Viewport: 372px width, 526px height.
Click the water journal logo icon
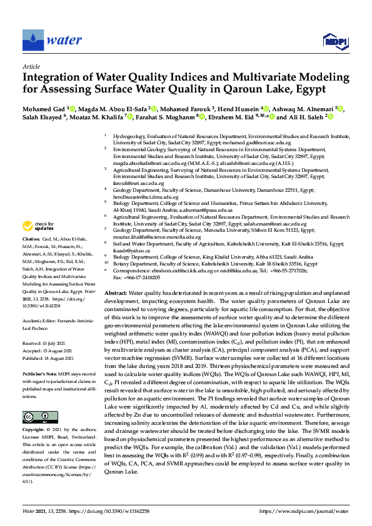tap(31, 41)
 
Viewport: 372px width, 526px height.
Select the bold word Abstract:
tap(115, 293)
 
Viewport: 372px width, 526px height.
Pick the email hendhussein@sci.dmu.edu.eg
tap(146, 196)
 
